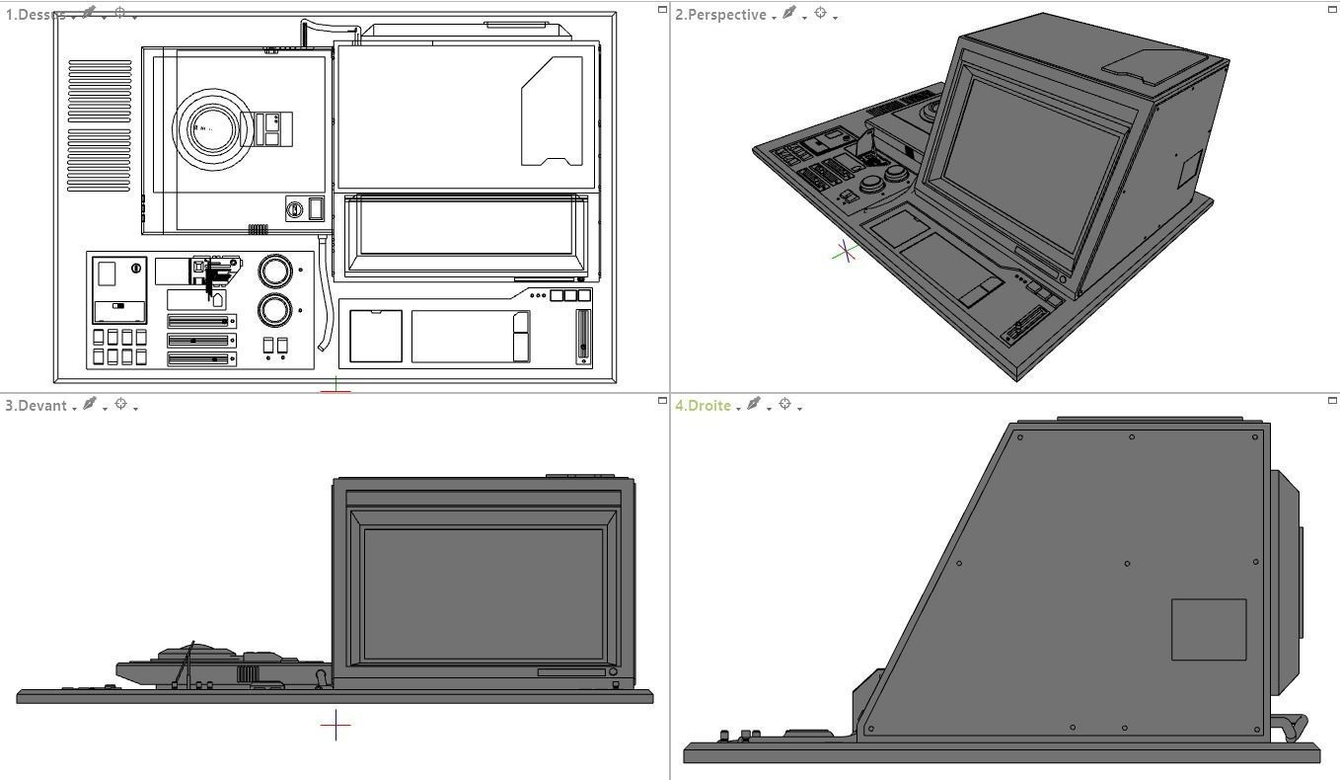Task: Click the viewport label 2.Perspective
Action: tap(720, 15)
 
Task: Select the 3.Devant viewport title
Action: tap(36, 406)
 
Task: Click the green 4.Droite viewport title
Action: tap(703, 406)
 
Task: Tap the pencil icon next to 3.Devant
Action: tap(90, 404)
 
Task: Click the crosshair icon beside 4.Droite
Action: tap(785, 404)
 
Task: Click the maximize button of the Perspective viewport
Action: tap(1332, 9)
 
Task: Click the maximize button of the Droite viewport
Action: tap(1332, 400)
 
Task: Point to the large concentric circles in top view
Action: tap(210, 128)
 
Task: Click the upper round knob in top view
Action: tap(275, 270)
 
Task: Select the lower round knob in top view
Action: tap(275, 310)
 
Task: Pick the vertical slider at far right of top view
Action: tap(583, 336)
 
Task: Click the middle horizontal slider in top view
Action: tap(201, 341)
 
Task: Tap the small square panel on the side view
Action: tap(1208, 629)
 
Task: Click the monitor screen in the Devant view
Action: tap(483, 592)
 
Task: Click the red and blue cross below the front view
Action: tap(335, 726)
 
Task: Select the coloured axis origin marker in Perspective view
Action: tap(845, 253)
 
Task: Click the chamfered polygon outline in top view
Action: tap(552, 111)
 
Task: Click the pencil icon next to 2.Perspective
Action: tap(788, 13)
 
